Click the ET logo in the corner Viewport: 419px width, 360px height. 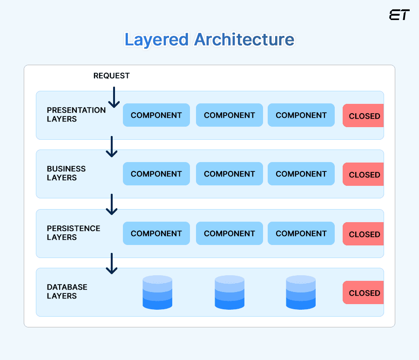click(x=399, y=15)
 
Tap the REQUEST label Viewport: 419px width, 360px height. click(x=111, y=75)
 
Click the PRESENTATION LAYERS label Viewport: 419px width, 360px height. click(x=76, y=115)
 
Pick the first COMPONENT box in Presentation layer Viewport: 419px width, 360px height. click(x=156, y=115)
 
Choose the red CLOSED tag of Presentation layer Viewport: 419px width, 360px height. click(x=364, y=116)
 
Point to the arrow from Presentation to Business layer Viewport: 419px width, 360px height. click(x=112, y=147)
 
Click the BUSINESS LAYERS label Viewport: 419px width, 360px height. click(x=66, y=173)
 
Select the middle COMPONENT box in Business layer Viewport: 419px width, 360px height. click(x=229, y=174)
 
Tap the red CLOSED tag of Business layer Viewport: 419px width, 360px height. click(x=364, y=175)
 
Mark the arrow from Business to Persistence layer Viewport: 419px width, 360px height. click(x=112, y=205)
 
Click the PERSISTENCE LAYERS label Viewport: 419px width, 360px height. click(x=73, y=233)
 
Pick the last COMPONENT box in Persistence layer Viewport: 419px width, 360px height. click(x=301, y=233)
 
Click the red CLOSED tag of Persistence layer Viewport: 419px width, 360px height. click(x=364, y=234)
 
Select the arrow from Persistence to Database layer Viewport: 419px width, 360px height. click(x=112, y=264)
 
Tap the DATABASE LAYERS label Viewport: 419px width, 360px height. click(x=67, y=292)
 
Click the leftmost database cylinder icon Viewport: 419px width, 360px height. click(x=157, y=292)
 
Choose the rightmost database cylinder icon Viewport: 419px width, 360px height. click(x=301, y=292)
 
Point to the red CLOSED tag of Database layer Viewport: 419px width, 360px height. click(x=364, y=293)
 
